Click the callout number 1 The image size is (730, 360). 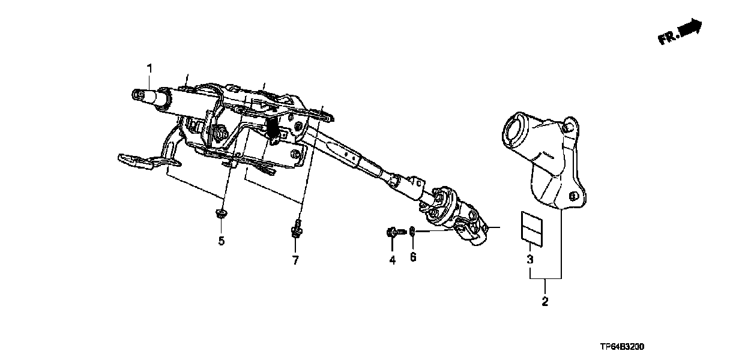[151, 67]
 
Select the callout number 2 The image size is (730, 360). [545, 302]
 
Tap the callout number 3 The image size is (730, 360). [530, 260]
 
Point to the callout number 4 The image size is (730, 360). [392, 260]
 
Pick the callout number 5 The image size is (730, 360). [221, 241]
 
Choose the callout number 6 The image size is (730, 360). [413, 257]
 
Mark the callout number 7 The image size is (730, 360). [295, 260]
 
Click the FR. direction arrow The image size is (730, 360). [680, 32]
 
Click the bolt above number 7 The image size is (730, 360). [296, 229]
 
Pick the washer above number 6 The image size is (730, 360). [413, 231]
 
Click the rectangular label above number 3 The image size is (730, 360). [529, 227]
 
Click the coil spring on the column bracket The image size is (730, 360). [272, 127]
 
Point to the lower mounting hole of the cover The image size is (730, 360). [573, 196]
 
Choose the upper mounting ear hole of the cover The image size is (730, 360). [567, 127]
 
